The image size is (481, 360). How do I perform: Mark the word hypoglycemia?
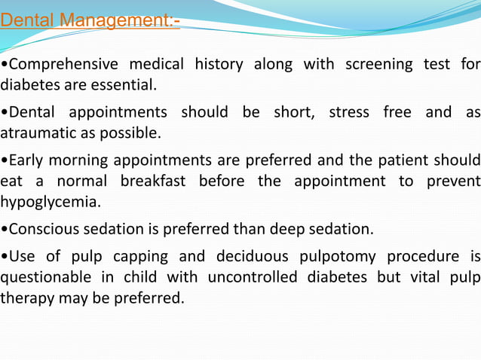(x=50, y=203)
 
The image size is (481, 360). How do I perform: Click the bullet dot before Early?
(x=3, y=161)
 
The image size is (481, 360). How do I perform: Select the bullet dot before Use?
(x=3, y=257)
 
